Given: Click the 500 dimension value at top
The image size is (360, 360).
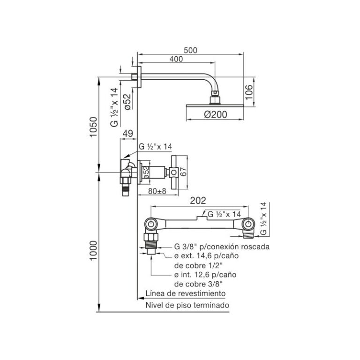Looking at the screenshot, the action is click(x=190, y=50).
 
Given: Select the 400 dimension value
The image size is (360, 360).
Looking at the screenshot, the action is click(x=176, y=59).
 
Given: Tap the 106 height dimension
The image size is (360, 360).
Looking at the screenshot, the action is click(x=249, y=92).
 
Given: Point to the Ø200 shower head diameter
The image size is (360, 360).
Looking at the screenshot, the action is click(x=215, y=114).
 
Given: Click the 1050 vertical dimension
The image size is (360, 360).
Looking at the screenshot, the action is click(x=94, y=127).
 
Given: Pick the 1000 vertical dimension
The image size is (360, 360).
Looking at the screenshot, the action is click(x=94, y=250).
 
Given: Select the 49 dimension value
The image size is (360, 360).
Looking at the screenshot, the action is click(x=127, y=134).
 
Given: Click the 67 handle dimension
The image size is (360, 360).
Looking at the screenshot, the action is click(x=183, y=172).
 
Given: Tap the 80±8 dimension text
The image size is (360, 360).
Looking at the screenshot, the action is click(x=157, y=191).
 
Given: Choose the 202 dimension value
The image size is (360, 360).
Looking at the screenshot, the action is click(x=198, y=201).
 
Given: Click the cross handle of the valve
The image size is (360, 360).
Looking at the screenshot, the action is click(x=173, y=172).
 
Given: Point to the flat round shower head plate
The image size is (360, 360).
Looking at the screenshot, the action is click(x=215, y=105).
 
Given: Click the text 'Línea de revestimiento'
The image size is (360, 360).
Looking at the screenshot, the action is click(x=186, y=293).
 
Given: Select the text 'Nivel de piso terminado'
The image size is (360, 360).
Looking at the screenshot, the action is click(x=187, y=305).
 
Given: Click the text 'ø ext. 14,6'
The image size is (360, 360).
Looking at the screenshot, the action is click(x=195, y=255).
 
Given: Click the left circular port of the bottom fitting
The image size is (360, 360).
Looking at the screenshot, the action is click(x=151, y=224).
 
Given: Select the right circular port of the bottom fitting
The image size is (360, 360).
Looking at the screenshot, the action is click(x=248, y=224).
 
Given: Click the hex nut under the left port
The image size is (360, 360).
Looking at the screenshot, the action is click(x=151, y=237).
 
